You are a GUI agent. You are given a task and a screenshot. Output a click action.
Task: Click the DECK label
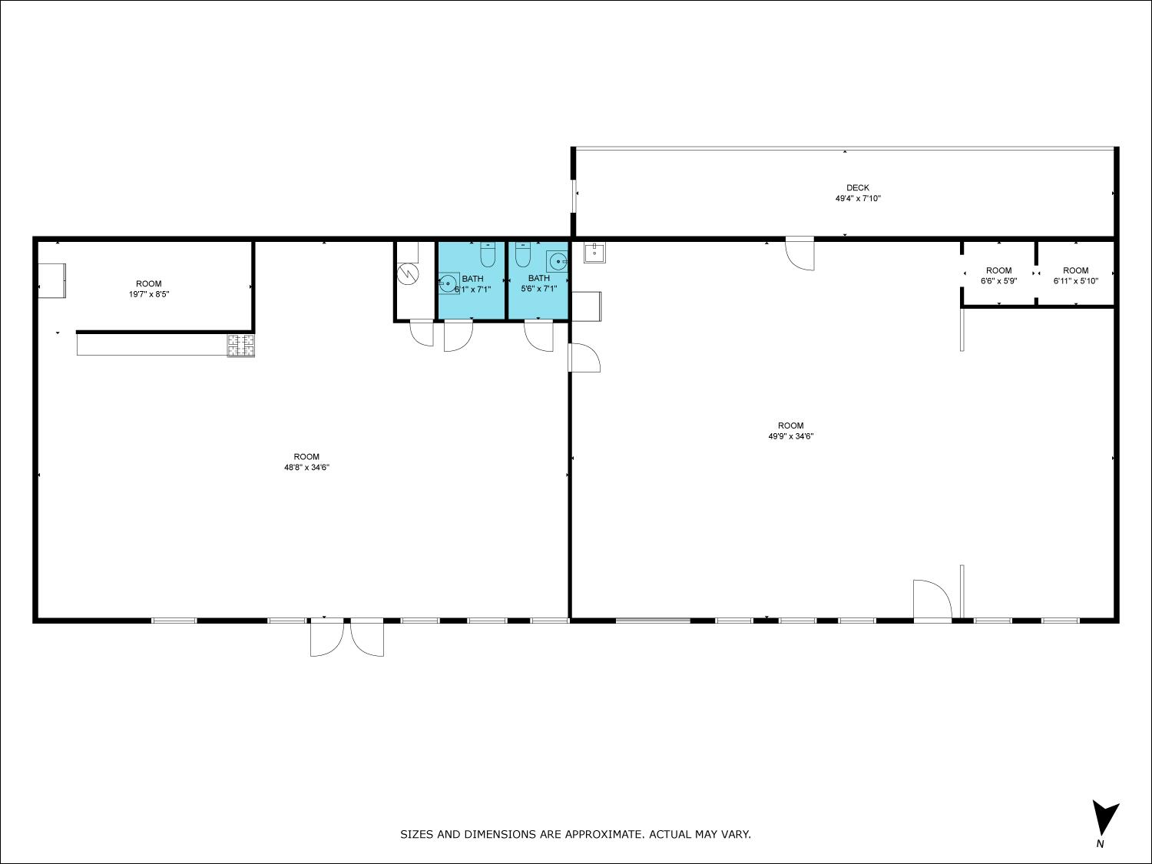pos(858,187)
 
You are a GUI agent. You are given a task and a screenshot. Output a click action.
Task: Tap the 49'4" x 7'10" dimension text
pos(858,198)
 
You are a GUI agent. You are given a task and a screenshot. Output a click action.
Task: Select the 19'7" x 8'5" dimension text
pos(149,294)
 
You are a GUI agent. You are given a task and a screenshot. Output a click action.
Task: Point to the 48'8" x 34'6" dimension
pos(306,468)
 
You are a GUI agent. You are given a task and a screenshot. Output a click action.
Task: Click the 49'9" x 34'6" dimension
pos(791,436)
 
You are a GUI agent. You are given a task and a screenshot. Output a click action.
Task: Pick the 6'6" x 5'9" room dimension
pos(998,280)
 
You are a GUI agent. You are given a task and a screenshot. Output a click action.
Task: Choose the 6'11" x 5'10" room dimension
pos(1076,280)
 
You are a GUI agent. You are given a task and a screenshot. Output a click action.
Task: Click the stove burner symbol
pos(241,345)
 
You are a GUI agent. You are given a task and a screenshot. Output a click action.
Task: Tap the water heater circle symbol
pos(408,274)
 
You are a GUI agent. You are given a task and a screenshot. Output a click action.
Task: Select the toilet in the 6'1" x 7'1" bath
pos(488,254)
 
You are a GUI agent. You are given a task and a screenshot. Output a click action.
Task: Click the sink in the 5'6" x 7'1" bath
pos(557,261)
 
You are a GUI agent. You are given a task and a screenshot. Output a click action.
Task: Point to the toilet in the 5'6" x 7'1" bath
pos(523,254)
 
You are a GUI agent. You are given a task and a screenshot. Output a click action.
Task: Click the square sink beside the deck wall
pos(594,253)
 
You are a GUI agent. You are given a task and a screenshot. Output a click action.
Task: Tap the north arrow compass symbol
pos(1104,818)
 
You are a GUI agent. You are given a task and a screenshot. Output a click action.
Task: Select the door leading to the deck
pos(799,254)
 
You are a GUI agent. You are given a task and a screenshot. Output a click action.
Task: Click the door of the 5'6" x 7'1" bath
pos(538,335)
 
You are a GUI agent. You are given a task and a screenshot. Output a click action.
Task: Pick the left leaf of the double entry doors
pos(326,637)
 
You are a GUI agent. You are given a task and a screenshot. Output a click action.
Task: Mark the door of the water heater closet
pos(422,333)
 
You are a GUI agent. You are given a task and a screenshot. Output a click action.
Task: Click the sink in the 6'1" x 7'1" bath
pos(449,283)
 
